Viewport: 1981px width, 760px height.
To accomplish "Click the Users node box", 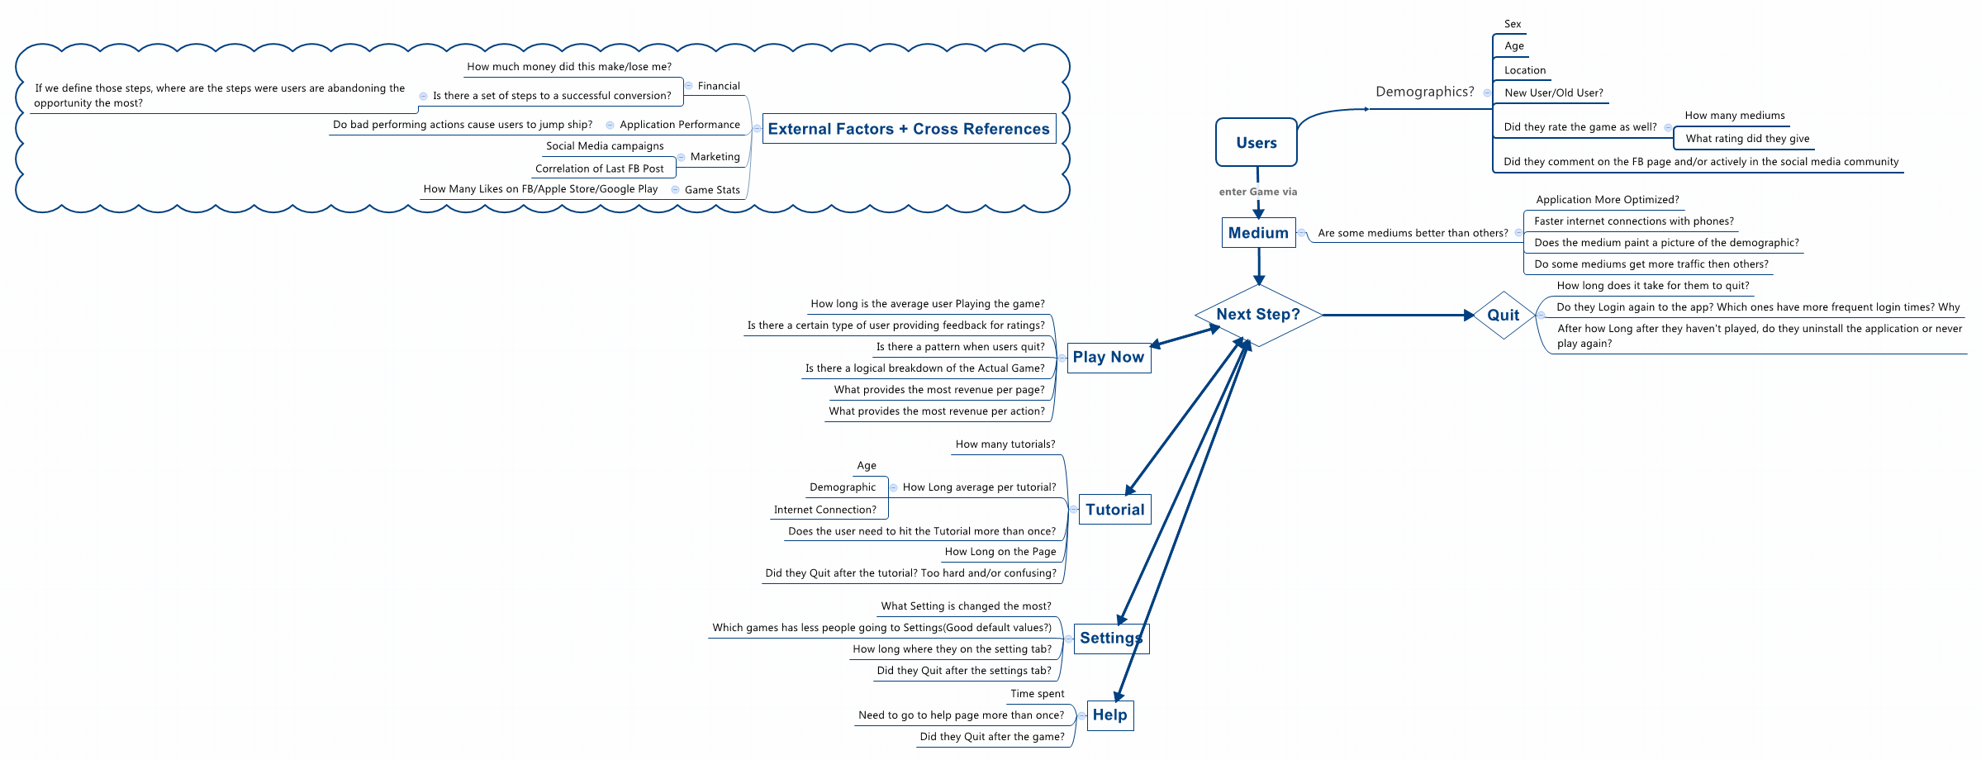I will click(x=1256, y=142).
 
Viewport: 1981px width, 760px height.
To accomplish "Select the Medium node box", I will click(x=1258, y=233).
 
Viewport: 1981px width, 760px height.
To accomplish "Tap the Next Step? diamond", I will click(x=1258, y=315).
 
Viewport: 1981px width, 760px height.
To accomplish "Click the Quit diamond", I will click(x=1504, y=315).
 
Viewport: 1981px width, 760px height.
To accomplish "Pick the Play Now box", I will click(x=1109, y=358).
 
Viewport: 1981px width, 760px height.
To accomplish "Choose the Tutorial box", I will click(x=1114, y=510).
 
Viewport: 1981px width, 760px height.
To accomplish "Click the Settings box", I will click(x=1110, y=639).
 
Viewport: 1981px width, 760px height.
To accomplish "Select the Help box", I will click(x=1109, y=715).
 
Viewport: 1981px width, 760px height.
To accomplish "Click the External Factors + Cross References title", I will click(x=909, y=129).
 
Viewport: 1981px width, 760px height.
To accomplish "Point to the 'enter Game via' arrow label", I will click(x=1257, y=192).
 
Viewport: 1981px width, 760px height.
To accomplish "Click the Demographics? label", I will click(x=1424, y=92).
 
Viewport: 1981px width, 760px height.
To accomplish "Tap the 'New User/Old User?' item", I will click(x=1553, y=93).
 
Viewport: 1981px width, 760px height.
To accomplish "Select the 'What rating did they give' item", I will click(x=1747, y=139).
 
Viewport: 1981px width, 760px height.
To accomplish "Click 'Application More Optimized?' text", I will click(x=1607, y=200).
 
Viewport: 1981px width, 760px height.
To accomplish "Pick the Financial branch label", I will click(x=719, y=86).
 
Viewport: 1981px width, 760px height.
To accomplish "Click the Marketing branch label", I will click(x=715, y=157).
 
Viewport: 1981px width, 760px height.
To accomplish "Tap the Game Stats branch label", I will click(x=712, y=190).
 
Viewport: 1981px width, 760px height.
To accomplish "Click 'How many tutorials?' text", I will click(x=1005, y=444).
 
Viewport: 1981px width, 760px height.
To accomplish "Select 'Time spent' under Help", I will click(x=1037, y=694).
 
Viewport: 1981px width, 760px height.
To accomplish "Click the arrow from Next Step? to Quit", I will click(x=1396, y=315).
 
